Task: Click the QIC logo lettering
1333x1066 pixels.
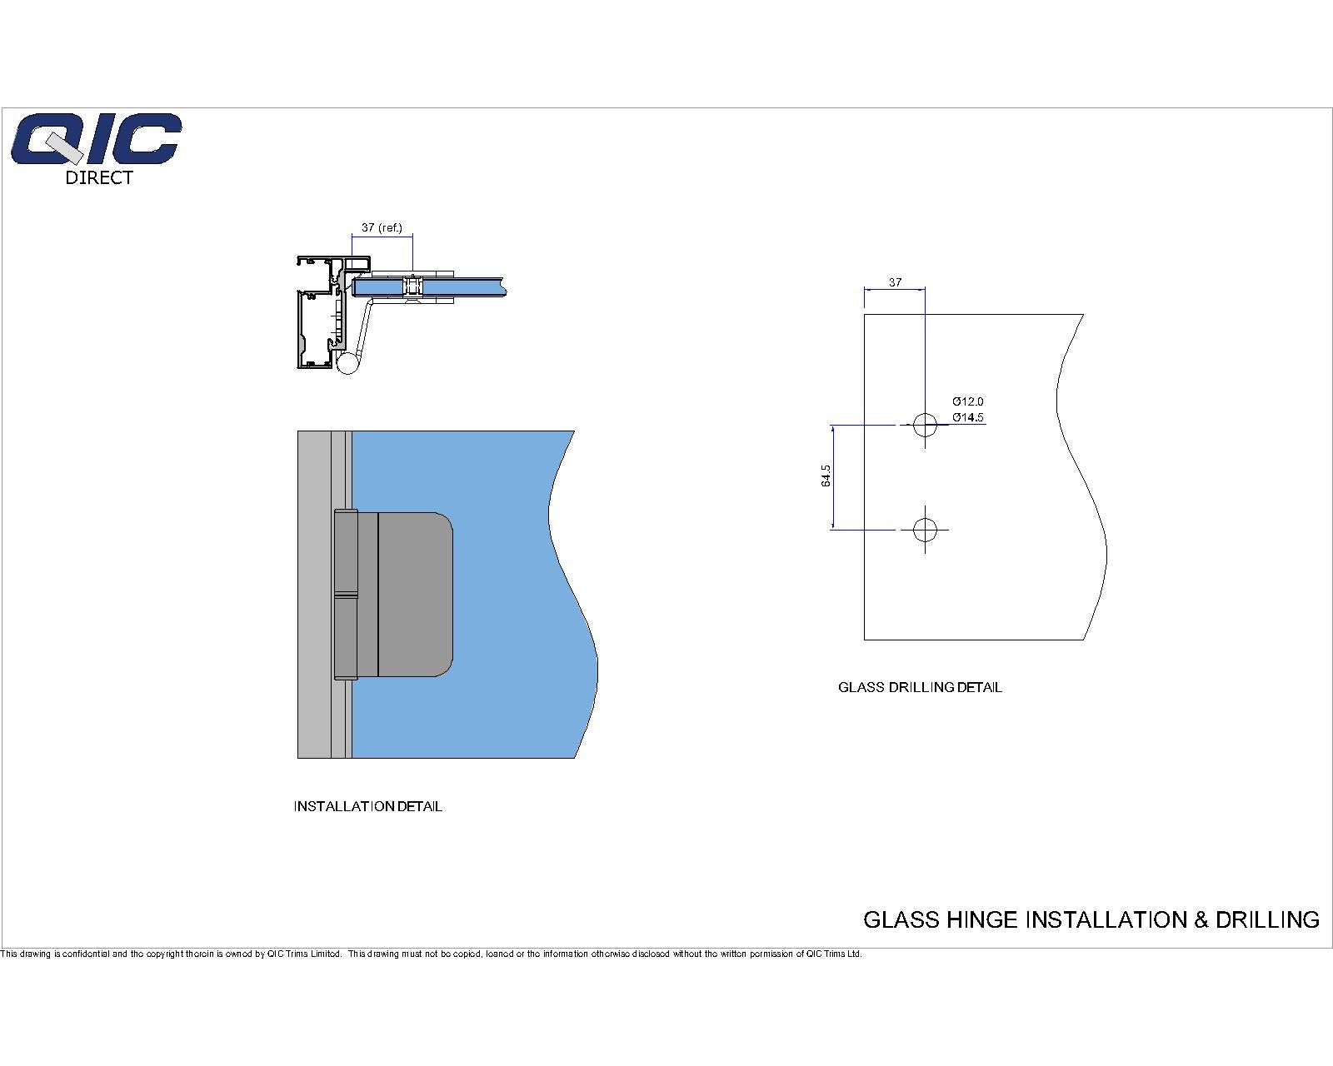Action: click(96, 139)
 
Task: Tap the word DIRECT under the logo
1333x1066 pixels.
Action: click(99, 177)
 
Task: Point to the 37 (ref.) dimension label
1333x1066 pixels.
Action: click(382, 228)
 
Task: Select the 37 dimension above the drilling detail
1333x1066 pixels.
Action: click(895, 282)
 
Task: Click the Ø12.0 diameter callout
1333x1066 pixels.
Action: click(967, 401)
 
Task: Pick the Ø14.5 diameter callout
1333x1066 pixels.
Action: click(967, 417)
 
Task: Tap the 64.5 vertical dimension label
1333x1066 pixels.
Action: click(826, 476)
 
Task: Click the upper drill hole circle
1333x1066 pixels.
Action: click(925, 425)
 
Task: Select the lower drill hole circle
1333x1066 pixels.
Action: click(925, 530)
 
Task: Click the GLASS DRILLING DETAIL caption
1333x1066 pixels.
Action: click(920, 688)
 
